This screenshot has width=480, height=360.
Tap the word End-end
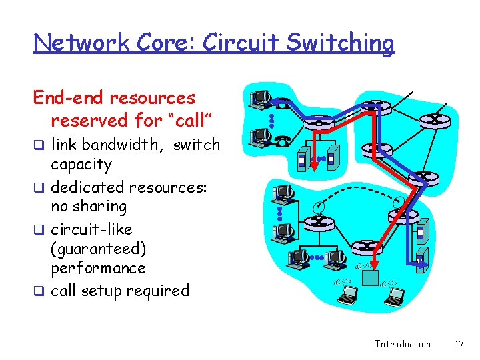(x=69, y=98)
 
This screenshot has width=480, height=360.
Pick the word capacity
(x=81, y=164)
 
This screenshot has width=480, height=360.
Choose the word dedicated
(x=87, y=187)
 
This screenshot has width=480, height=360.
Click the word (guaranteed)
(x=98, y=249)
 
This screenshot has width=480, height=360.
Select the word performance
(x=98, y=269)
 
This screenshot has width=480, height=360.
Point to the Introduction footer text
(x=403, y=344)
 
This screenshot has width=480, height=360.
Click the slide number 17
(x=458, y=344)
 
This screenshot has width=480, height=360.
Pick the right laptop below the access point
(x=394, y=295)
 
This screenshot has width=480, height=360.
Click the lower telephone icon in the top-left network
(x=283, y=140)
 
